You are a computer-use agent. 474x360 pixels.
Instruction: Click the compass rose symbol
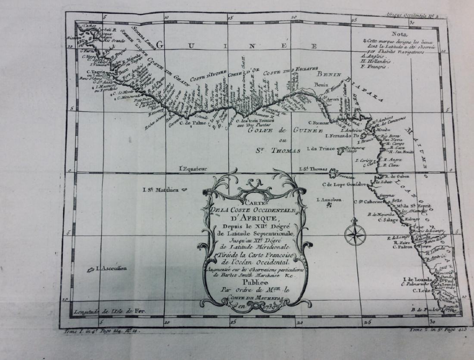[x=355, y=233]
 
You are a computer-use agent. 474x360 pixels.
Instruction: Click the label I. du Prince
[x=321, y=149]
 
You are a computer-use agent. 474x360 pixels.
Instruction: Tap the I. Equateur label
[x=193, y=169]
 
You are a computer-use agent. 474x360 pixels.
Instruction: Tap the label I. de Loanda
[x=417, y=279]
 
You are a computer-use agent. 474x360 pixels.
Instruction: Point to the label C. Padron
[x=403, y=247]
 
